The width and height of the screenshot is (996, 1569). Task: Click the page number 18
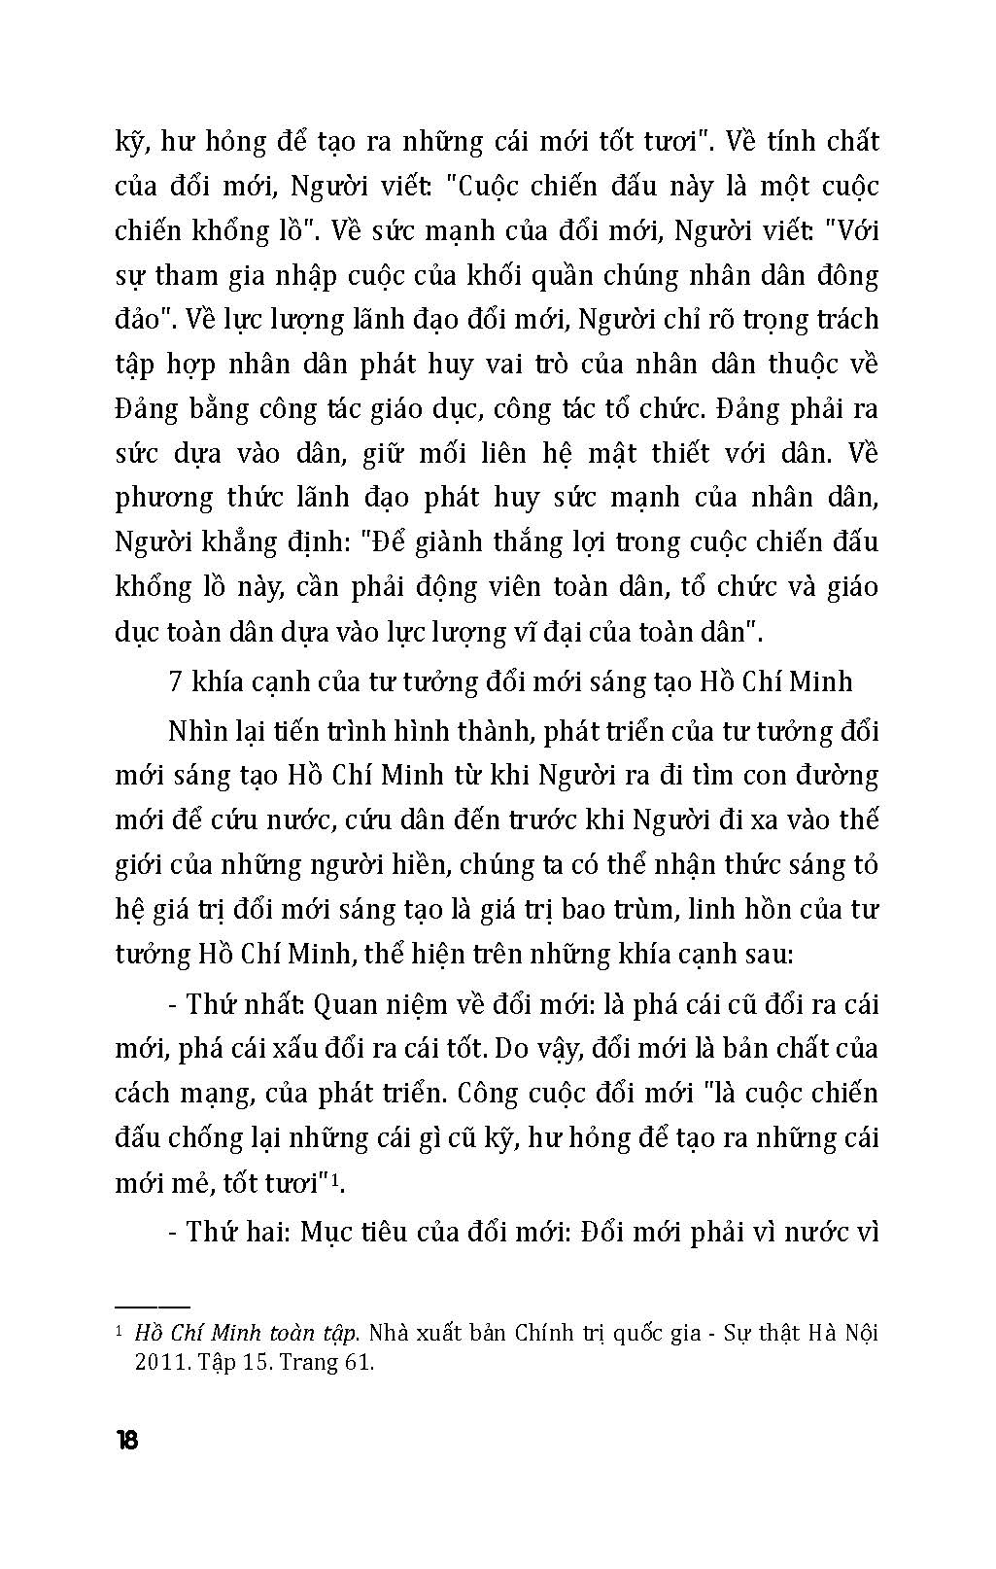(x=126, y=1440)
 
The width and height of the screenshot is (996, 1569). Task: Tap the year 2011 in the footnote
(x=157, y=1362)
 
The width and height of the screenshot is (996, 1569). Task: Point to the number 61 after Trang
(x=358, y=1362)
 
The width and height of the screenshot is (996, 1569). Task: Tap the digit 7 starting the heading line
(x=176, y=680)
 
